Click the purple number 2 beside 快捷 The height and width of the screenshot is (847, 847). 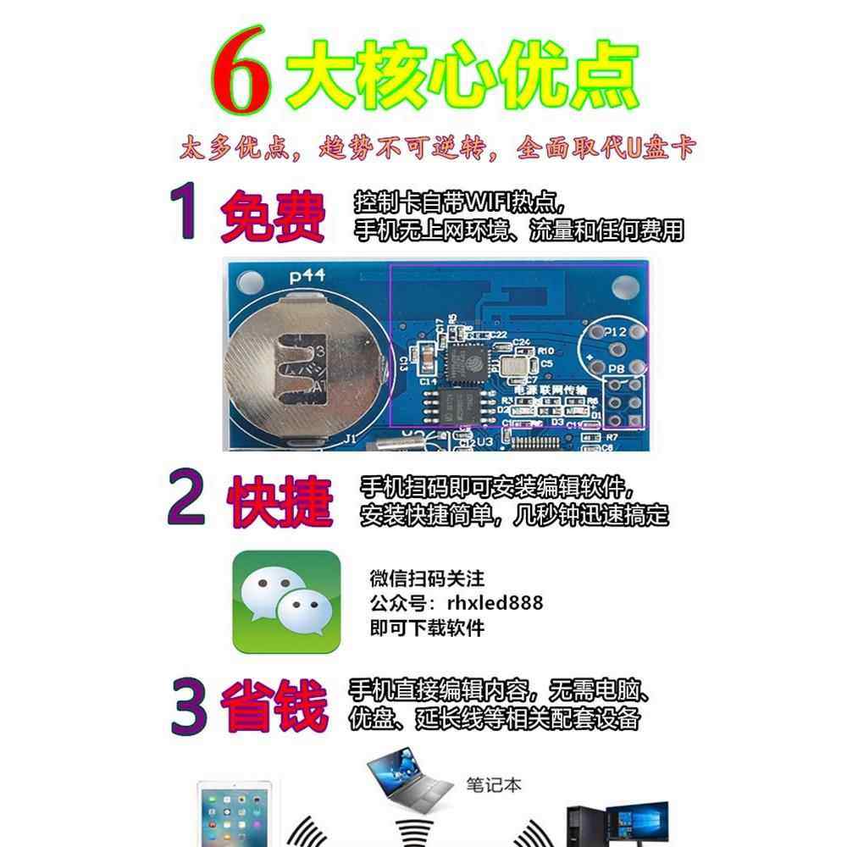tap(185, 499)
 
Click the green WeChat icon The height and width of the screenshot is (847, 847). tap(285, 601)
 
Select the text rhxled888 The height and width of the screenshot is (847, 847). tap(494, 603)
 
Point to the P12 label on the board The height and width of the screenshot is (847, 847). tap(616, 333)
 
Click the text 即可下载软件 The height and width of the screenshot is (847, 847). tap(427, 628)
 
